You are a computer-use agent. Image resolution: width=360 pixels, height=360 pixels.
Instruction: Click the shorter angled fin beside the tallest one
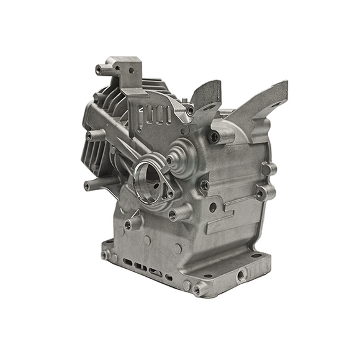(205, 96)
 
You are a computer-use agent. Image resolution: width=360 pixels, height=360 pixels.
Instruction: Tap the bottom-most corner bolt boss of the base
(199, 289)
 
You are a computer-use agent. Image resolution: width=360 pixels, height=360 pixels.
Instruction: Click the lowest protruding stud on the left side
(91, 184)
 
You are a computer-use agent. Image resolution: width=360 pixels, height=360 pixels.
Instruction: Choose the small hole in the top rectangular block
(131, 71)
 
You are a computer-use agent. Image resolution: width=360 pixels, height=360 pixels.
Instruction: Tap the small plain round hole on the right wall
(213, 207)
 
